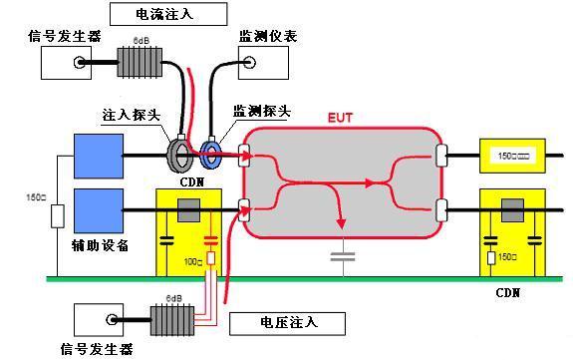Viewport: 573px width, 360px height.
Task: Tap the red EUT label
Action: click(x=341, y=118)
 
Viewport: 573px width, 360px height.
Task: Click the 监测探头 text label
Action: click(x=262, y=112)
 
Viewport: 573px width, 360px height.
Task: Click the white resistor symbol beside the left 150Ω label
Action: click(x=56, y=215)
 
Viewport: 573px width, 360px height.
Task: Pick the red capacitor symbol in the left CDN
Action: click(x=210, y=241)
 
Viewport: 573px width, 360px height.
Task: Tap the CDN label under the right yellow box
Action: click(x=508, y=294)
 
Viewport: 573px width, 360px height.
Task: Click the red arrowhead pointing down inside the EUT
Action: click(x=341, y=225)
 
